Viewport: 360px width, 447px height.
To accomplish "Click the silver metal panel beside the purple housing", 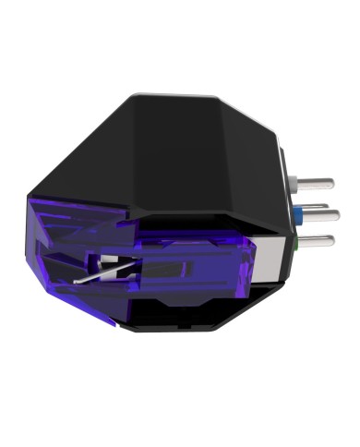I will click(x=268, y=261).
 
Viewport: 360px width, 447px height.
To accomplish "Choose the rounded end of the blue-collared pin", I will click(x=338, y=214).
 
